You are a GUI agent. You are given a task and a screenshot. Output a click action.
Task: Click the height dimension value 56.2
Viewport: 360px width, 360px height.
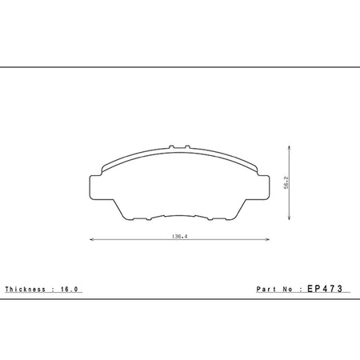click(x=286, y=182)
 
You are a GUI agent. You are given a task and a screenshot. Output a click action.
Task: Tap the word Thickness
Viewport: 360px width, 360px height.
click(x=26, y=290)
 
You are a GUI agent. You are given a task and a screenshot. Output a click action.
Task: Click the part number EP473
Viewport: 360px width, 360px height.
click(x=325, y=289)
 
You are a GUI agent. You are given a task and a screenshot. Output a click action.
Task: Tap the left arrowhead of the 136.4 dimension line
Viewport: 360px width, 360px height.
click(x=92, y=239)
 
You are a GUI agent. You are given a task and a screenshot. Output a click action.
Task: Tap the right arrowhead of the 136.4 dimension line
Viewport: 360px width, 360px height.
click(x=267, y=239)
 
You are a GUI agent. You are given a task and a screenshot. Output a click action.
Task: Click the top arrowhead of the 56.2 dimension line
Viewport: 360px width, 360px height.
click(x=290, y=148)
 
